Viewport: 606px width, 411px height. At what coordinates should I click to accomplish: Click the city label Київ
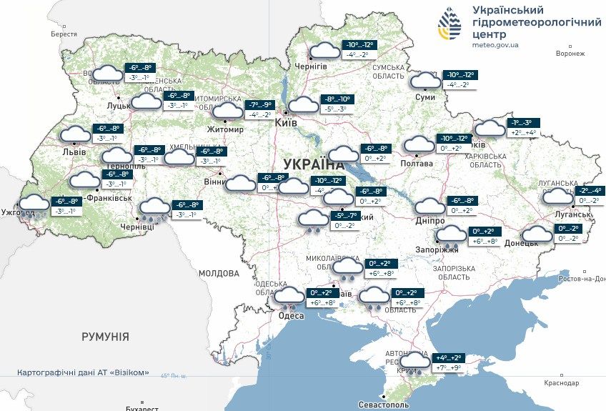pyautogui.click(x=287, y=123)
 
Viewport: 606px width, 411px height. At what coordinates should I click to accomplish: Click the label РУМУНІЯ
pyautogui.click(x=105, y=336)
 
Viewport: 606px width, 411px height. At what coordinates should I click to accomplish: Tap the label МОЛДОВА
pyautogui.click(x=219, y=273)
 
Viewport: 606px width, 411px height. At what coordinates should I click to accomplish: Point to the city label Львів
pyautogui.click(x=74, y=152)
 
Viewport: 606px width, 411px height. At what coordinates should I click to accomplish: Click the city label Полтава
pyautogui.click(x=417, y=163)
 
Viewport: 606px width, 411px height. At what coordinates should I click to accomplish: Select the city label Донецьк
pyautogui.click(x=521, y=243)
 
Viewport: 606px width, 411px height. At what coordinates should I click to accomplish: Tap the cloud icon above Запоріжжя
pyautogui.click(x=451, y=234)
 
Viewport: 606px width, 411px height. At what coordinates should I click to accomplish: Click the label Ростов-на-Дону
pyautogui.click(x=582, y=278)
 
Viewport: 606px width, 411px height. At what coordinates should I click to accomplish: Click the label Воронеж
pyautogui.click(x=570, y=54)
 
